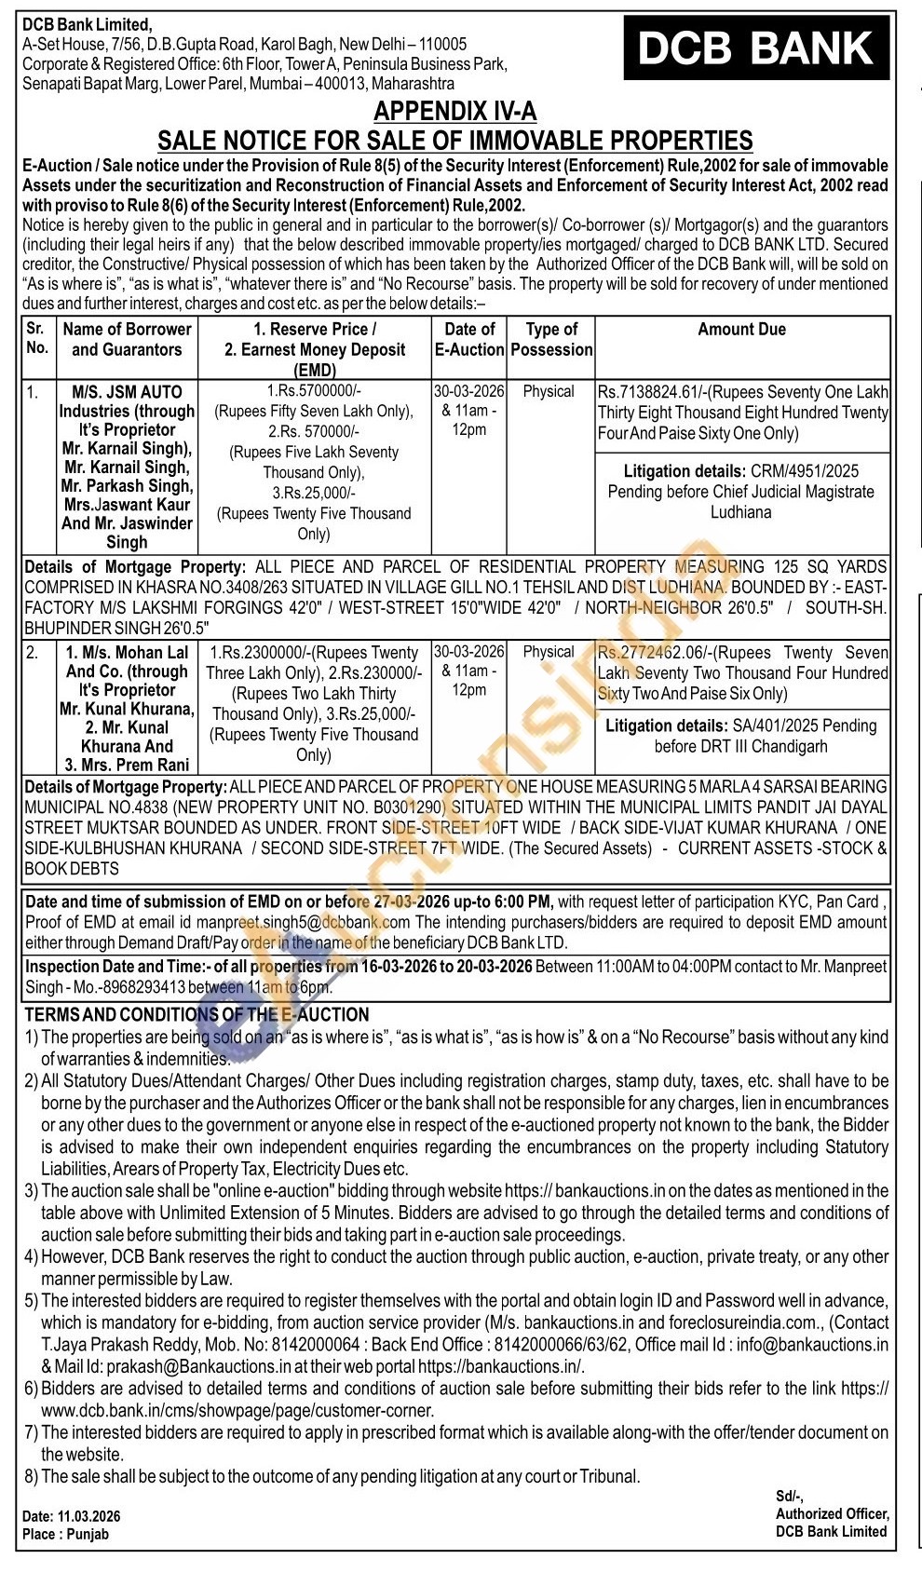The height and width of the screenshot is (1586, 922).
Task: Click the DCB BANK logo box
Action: click(x=754, y=48)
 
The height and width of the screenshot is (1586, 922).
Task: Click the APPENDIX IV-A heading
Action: click(x=454, y=112)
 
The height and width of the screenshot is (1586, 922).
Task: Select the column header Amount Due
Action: click(x=741, y=330)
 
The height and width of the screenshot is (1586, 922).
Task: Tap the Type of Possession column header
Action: click(x=551, y=339)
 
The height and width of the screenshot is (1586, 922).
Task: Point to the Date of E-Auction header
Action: click(x=469, y=339)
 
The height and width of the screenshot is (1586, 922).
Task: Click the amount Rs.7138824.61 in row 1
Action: click(x=647, y=392)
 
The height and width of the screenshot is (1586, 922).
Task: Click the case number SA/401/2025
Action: click(x=784, y=725)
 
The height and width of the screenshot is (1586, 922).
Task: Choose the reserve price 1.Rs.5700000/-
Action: click(x=314, y=392)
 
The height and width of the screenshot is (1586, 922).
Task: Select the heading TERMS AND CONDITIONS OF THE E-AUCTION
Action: click(x=197, y=1014)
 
